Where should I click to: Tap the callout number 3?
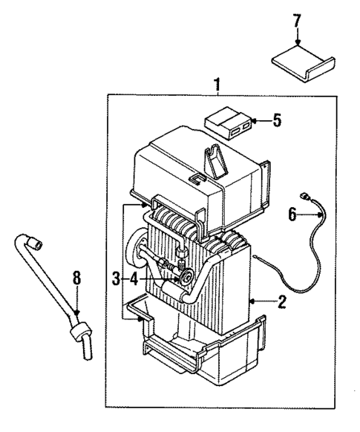tap(117, 278)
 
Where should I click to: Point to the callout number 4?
tap(134, 278)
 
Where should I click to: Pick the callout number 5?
tap(275, 120)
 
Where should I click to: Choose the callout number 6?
tap(292, 214)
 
